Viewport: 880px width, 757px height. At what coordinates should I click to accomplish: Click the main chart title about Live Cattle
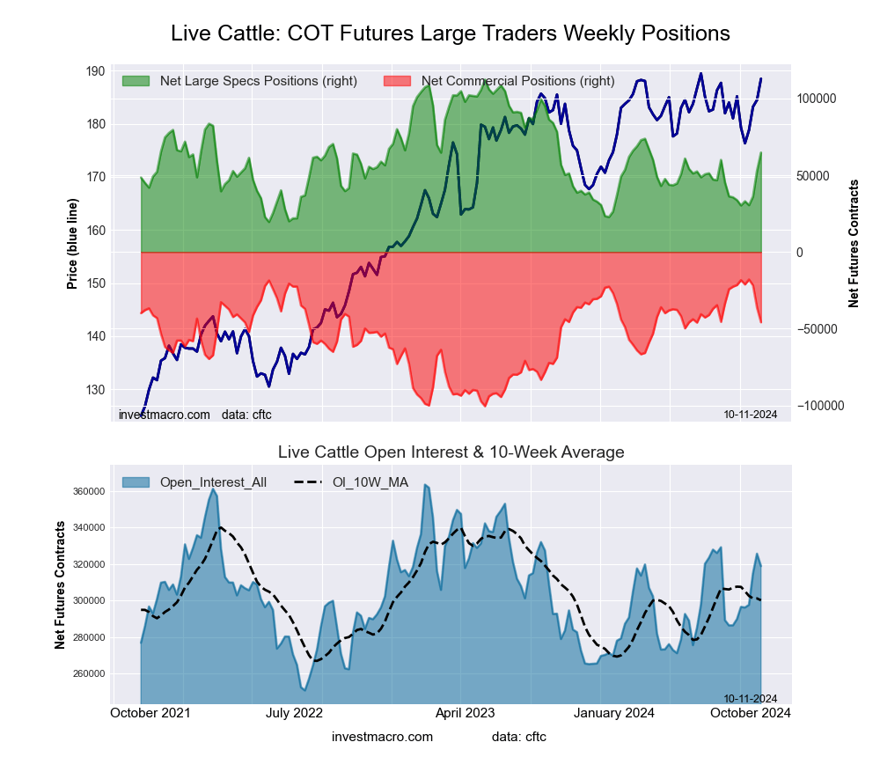451,33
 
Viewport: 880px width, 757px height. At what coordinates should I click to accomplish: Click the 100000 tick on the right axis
816,99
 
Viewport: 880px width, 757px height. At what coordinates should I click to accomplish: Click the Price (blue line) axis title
72,245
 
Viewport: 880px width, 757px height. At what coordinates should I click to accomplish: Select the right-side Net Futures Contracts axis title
854,244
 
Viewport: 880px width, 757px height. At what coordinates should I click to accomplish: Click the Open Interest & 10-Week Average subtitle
451,452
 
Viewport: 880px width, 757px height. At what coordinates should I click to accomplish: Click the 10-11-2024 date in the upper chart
750,414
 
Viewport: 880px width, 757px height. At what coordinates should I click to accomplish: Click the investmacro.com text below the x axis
382,736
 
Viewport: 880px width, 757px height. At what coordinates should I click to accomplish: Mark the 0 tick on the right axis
800,253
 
